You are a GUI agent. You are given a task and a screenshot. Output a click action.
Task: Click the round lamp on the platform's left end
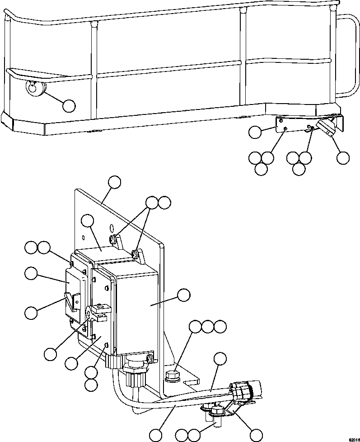(x=33, y=87)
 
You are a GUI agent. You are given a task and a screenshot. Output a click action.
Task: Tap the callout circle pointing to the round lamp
(x=69, y=105)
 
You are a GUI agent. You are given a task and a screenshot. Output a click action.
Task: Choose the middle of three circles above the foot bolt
(x=208, y=327)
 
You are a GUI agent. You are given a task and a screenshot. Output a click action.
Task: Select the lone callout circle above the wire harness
(x=220, y=359)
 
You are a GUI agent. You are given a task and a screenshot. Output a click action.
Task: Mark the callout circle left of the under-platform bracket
(x=255, y=132)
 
